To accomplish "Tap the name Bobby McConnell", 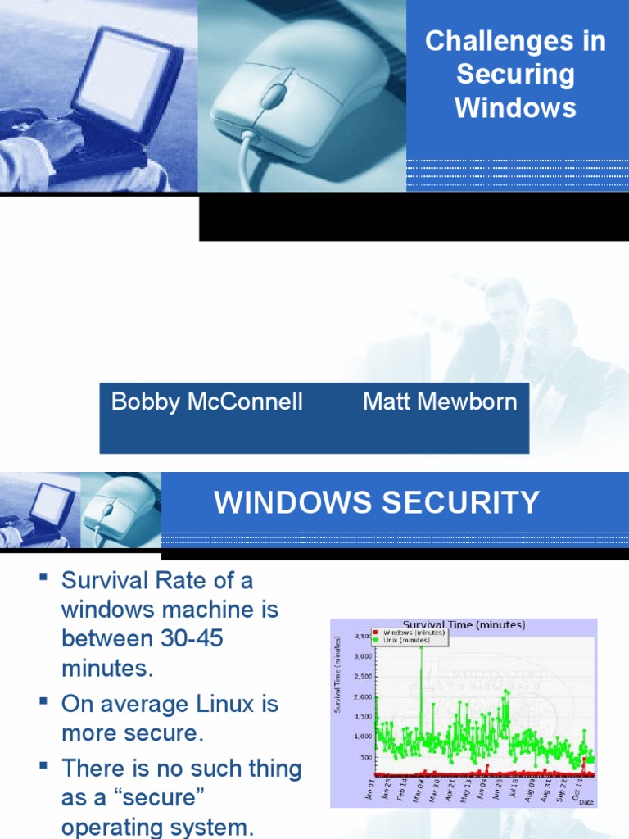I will (207, 401).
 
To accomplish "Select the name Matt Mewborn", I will (440, 401).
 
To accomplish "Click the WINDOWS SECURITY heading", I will (377, 502).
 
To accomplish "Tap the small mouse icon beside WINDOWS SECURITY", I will (119, 511).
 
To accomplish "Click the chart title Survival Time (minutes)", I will (464, 624).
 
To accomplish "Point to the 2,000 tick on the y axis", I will (362, 696).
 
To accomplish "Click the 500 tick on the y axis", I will (365, 757).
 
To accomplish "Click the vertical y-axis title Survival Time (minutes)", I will (337, 673).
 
